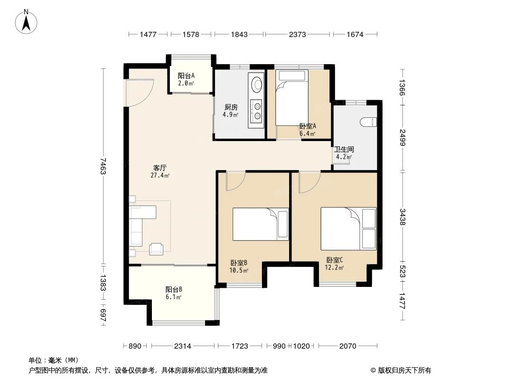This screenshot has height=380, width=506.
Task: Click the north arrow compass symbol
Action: [x=27, y=21]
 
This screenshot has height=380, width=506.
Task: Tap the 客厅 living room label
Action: [x=159, y=168]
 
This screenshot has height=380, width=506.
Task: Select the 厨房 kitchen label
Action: [x=231, y=107]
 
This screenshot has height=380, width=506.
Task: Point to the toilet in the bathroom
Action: [x=368, y=123]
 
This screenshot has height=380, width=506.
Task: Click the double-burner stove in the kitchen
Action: [x=257, y=111]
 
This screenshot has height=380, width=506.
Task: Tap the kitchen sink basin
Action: [x=257, y=85]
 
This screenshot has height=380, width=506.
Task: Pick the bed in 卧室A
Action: [x=292, y=97]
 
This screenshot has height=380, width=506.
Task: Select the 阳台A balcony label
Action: [x=186, y=76]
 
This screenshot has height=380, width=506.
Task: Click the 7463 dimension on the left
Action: [x=103, y=165]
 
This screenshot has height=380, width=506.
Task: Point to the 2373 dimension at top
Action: [x=298, y=34]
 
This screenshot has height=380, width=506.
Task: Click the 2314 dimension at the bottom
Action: [x=182, y=346]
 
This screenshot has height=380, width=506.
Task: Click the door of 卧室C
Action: [x=309, y=182]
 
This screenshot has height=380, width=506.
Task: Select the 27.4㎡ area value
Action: [x=159, y=175]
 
